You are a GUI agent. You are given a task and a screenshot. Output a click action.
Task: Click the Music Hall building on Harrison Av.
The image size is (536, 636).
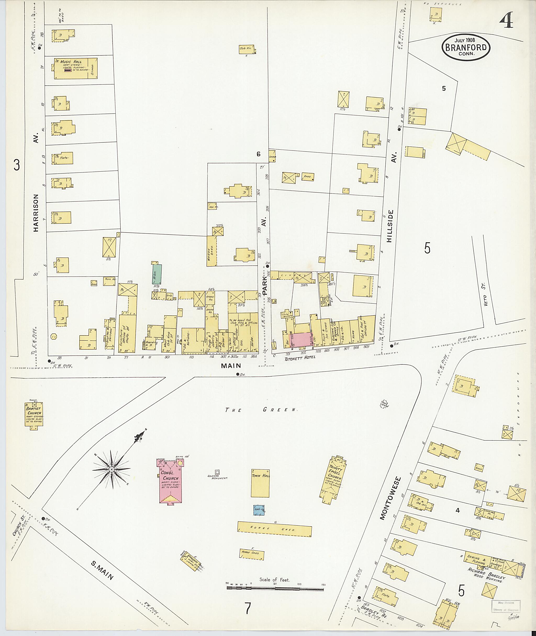[x=76, y=68]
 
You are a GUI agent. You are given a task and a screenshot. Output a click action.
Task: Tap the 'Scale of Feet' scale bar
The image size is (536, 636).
[x=275, y=588]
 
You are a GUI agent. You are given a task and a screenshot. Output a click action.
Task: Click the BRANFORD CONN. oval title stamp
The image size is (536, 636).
[x=466, y=48]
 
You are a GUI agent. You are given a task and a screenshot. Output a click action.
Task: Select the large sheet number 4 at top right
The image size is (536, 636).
[x=506, y=19]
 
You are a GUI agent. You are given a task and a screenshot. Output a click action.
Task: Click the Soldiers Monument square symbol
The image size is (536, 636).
[x=217, y=472]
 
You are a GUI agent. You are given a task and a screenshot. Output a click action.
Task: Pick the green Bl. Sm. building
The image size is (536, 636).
[x=157, y=274]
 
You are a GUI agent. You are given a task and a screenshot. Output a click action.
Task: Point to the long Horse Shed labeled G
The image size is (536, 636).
[x=274, y=529]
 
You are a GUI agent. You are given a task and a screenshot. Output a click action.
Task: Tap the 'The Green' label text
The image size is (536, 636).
[x=261, y=410]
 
